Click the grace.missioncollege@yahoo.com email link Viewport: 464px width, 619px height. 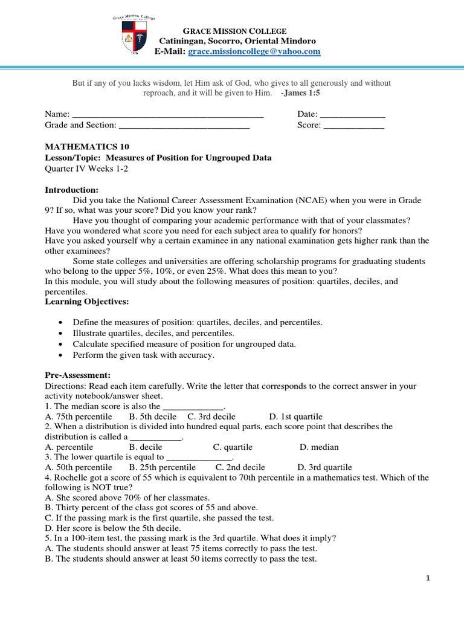coord(254,52)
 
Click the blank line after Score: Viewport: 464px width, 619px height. coord(354,125)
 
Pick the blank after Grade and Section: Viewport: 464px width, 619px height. coord(184,125)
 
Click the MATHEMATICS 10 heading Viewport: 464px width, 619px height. coord(87,147)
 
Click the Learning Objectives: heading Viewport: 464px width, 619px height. coord(87,301)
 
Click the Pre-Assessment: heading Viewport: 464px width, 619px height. coord(76,375)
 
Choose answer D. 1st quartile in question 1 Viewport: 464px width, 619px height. coord(296,416)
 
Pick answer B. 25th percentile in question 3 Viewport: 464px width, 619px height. coord(163,467)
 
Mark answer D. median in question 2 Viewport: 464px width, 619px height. coord(319,447)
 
